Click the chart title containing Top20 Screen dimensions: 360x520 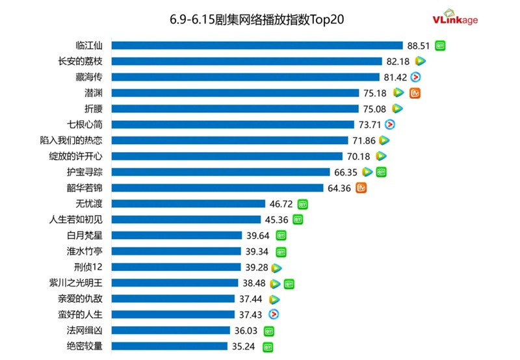coord(256,19)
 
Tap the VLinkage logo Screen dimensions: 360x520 coord(455,19)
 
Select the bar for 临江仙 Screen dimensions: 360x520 coord(257,45)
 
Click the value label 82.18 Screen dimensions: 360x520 coord(398,61)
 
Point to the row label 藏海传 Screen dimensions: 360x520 coord(89,77)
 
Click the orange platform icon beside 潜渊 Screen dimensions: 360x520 coord(415,93)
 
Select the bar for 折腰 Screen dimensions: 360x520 coord(235,109)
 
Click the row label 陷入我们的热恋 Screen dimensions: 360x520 coord(71,140)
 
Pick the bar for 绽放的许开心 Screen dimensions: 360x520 coord(227,156)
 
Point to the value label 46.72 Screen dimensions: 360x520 coord(280,204)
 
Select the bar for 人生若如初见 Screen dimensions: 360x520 coord(186,220)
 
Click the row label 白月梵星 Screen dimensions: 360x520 coord(84,235)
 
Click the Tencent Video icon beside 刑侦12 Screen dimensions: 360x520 coord(276,267)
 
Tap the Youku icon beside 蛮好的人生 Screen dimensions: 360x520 coord(274,315)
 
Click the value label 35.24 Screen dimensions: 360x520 coord(243,346)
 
